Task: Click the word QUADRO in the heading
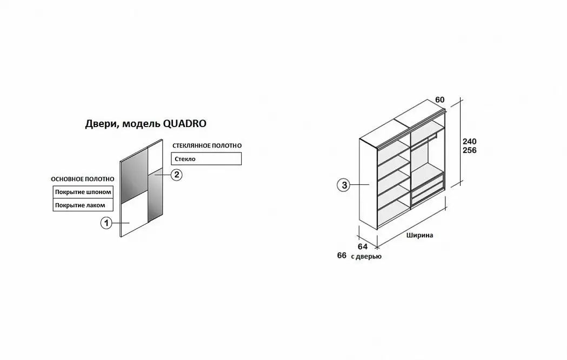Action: (x=185, y=124)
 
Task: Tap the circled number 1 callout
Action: (x=106, y=223)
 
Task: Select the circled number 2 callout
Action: (x=176, y=175)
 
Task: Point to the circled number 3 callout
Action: (x=344, y=185)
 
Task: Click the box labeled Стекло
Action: (x=206, y=159)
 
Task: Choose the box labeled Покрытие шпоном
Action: (x=83, y=192)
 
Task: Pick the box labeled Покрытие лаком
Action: (x=83, y=205)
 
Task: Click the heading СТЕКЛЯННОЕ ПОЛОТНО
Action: (x=207, y=145)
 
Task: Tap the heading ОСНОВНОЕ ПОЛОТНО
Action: (x=83, y=179)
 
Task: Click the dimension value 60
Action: (x=440, y=99)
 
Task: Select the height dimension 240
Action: (x=469, y=141)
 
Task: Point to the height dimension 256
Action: (x=469, y=150)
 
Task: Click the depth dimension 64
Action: (x=363, y=246)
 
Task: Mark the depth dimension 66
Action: (x=342, y=255)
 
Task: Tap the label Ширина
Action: (x=419, y=235)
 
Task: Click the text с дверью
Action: (x=366, y=256)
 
